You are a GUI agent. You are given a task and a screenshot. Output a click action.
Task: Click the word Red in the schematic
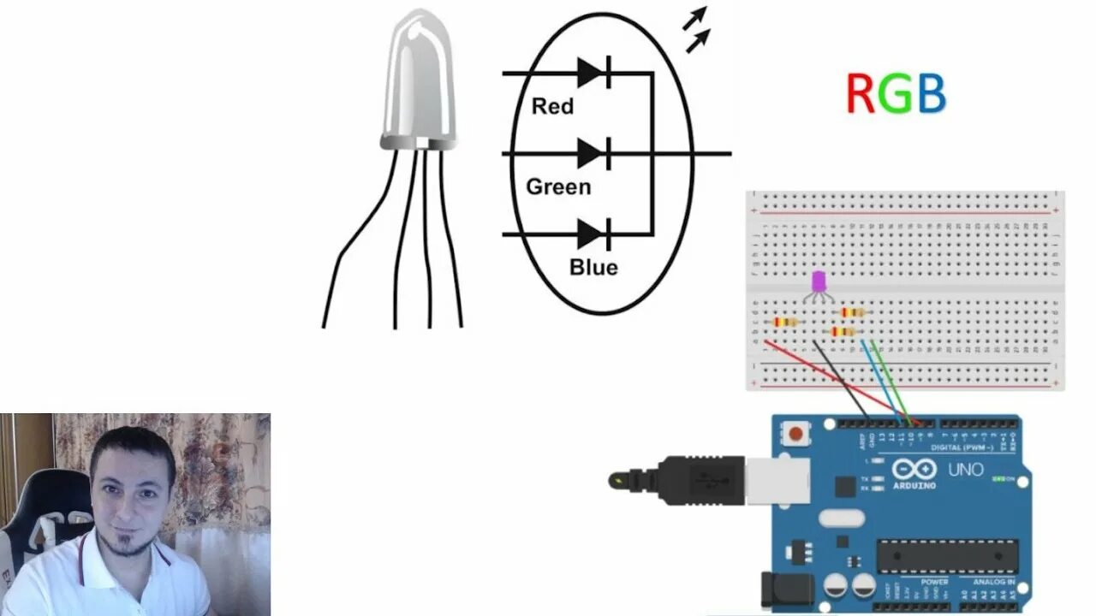pos(552,107)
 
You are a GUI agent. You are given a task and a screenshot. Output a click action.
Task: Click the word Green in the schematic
pos(558,187)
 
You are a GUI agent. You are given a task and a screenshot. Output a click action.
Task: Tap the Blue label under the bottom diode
pos(593,267)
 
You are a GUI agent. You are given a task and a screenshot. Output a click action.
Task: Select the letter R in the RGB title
pos(860,94)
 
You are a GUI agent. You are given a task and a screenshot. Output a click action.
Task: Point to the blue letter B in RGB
pos(932,94)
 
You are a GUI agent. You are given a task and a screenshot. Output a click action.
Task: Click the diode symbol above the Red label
pos(593,74)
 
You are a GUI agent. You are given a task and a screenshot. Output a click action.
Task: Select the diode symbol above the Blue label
pos(593,234)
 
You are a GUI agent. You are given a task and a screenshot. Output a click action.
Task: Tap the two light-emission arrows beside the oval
pos(697,29)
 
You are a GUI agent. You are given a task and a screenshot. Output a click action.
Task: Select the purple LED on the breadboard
pos(819,281)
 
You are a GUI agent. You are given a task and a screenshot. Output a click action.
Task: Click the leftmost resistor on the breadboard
pos(785,323)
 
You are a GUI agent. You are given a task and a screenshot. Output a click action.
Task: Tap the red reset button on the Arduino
pos(797,434)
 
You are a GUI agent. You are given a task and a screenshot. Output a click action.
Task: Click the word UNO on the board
pos(965,470)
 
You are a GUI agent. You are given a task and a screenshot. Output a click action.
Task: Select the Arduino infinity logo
pos(914,469)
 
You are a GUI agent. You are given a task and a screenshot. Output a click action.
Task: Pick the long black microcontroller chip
pos(947,556)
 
